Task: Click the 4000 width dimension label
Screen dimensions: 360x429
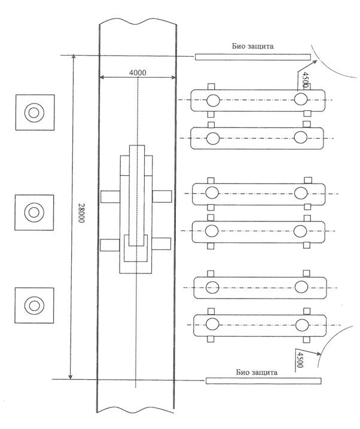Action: pos(138,72)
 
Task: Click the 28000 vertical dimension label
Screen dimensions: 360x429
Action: pos(81,212)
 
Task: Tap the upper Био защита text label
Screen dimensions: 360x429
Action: pos(252,46)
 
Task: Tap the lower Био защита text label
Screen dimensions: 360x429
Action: pos(257,372)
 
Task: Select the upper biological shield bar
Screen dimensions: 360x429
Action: pos(252,57)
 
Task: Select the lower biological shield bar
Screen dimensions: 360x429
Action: pos(263,381)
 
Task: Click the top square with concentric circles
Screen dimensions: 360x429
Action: pos(35,112)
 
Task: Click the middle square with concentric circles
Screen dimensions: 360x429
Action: pos(34,212)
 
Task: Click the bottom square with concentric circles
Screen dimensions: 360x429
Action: pos(34,305)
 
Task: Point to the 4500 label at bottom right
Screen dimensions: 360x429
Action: pos(300,360)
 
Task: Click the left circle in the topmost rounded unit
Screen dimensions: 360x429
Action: pos(213,101)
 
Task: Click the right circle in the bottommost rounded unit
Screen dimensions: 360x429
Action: pos(302,325)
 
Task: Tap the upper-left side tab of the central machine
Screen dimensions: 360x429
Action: pos(110,196)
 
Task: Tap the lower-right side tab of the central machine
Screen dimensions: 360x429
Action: pos(161,244)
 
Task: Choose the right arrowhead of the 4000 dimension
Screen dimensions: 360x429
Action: pos(173,77)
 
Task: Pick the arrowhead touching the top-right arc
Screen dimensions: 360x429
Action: pos(315,62)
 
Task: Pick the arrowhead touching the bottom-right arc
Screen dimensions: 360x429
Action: pos(319,354)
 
